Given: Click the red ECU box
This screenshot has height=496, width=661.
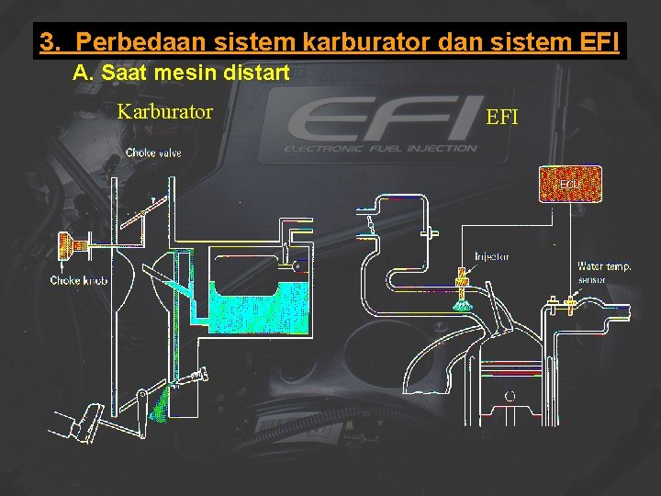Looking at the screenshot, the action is tap(570, 184).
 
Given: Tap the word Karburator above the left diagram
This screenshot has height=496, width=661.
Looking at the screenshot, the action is tap(165, 112).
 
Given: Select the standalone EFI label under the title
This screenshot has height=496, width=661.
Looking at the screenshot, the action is tap(502, 118).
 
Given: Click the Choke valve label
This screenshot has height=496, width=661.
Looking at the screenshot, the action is tap(153, 152).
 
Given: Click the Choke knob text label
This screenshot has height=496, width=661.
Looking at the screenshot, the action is tap(79, 280).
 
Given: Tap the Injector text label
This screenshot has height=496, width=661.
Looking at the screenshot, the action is tap(492, 257).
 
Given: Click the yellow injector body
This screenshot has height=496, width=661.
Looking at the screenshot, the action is tap(462, 276).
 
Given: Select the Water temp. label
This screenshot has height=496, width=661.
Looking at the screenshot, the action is tap(604, 266).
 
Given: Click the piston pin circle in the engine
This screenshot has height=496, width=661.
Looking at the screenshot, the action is tap(510, 395).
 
